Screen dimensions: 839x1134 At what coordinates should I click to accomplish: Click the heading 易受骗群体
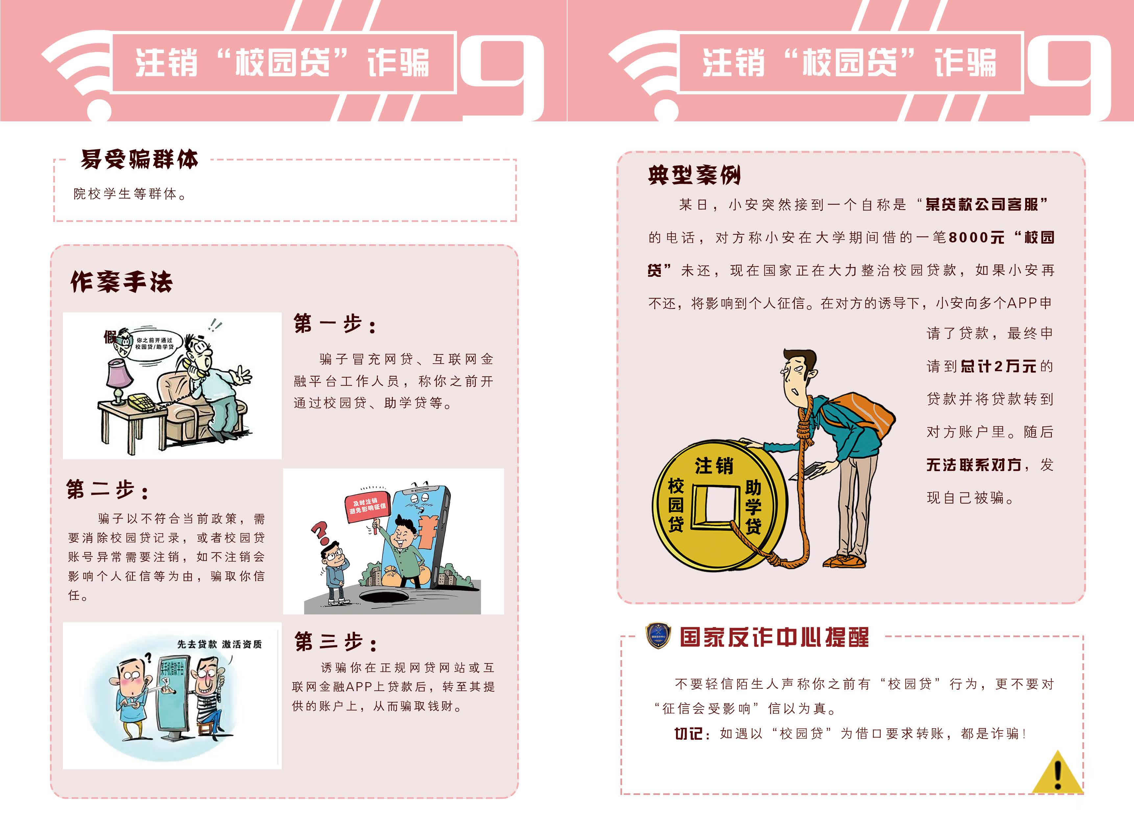point(139,159)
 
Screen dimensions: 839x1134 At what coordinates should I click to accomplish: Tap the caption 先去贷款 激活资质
point(219,644)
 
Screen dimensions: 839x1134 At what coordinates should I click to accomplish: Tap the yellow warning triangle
point(1057,775)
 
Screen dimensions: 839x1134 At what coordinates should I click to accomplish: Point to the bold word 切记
point(688,733)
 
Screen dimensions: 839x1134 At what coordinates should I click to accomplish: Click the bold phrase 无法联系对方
point(974,465)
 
